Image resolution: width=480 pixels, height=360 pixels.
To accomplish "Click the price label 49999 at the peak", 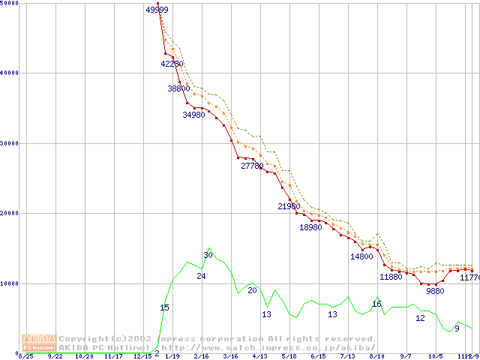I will (x=157, y=10).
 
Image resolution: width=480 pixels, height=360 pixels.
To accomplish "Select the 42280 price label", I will (x=172, y=64).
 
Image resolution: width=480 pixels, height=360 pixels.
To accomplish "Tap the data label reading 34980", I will (x=193, y=115).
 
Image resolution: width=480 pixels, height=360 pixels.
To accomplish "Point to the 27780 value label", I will (x=252, y=166).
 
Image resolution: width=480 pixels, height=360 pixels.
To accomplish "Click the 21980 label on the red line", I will (x=289, y=206).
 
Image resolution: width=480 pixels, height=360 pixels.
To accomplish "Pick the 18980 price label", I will (x=310, y=227).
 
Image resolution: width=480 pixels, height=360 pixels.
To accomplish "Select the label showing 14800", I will (x=361, y=256).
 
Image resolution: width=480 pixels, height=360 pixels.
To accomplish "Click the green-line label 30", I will (x=208, y=256).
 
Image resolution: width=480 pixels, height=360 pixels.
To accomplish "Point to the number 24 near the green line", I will (x=201, y=277).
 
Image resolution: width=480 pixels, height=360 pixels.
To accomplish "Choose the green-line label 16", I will (x=376, y=304).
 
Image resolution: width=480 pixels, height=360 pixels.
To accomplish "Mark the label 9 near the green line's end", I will (x=457, y=328).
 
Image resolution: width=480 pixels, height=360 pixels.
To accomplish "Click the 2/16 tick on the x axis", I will (x=201, y=356).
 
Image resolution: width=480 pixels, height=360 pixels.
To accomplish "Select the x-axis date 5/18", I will (x=289, y=356).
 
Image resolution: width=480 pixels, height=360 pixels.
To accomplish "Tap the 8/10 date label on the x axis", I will (x=376, y=356).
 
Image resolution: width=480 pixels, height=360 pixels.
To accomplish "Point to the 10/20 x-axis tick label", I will (x=83, y=356).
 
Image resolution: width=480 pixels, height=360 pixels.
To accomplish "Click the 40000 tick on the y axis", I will (x=10, y=73).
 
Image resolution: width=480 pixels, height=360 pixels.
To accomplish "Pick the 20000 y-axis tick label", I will (x=10, y=213).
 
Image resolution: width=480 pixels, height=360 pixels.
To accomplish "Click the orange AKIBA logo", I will (x=39, y=343).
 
